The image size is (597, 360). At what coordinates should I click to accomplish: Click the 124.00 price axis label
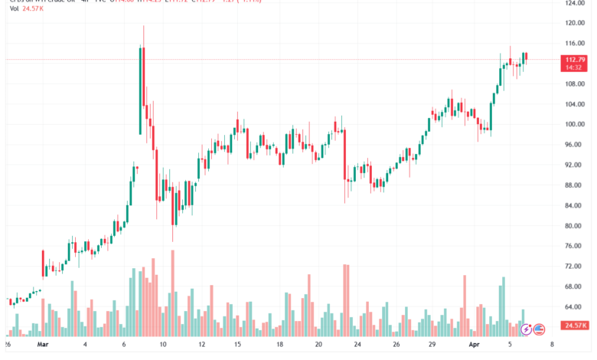point(575,3)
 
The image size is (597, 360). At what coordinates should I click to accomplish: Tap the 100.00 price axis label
point(575,124)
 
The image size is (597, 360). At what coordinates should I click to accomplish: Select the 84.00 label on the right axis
point(575,205)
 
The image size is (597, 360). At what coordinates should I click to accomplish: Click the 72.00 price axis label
point(575,266)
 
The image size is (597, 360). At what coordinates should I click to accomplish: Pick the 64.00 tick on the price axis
point(575,306)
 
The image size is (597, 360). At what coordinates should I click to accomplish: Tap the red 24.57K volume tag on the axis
point(575,326)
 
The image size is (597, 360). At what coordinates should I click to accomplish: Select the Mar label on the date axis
point(42,345)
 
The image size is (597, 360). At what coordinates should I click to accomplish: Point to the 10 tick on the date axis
point(163,345)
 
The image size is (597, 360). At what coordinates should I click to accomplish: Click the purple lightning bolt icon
point(526,330)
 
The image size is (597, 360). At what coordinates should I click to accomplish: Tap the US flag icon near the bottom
point(539,330)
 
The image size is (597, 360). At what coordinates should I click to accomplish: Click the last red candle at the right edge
point(527,57)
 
